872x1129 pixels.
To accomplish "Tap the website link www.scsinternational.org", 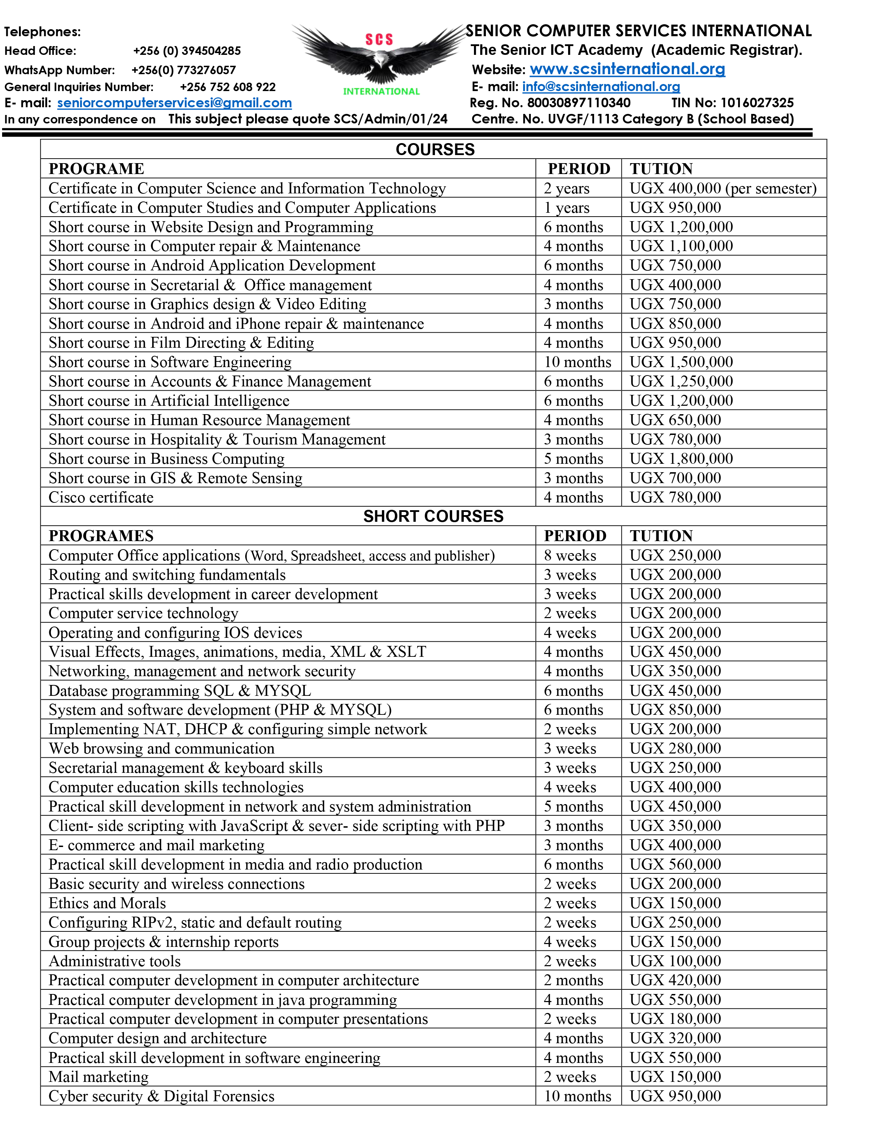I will point(627,69).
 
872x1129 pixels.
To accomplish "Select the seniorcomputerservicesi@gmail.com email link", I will point(174,103).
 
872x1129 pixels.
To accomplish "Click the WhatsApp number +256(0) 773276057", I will point(183,70).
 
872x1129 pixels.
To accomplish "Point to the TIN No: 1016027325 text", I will point(732,103).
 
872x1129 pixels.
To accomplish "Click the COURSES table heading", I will point(435,149).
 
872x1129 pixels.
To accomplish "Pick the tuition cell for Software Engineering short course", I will point(681,362).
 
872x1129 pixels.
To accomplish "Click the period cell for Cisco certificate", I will point(573,497).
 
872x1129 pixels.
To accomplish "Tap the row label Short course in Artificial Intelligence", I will point(169,400).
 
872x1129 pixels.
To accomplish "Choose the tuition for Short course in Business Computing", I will point(681,458).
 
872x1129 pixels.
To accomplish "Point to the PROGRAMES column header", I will point(101,535).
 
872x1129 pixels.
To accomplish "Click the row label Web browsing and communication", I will point(161,749).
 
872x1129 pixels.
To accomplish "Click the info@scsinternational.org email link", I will point(601,86).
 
